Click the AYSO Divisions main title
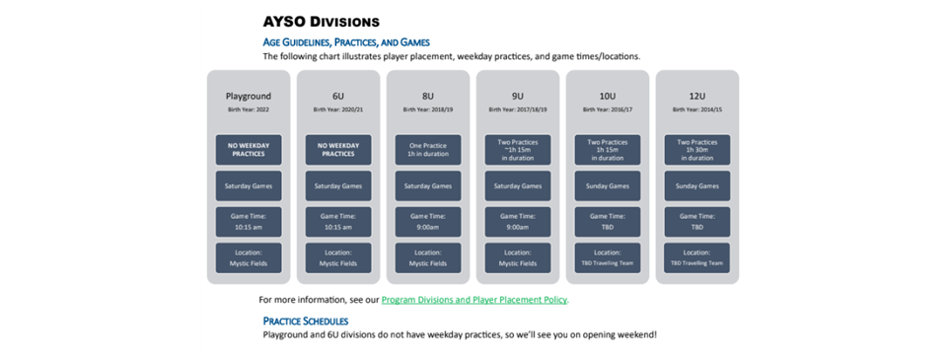[x=321, y=21]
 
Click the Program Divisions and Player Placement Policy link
[x=474, y=299]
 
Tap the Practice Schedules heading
[x=305, y=321]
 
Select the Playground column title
[x=249, y=96]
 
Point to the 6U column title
[x=338, y=96]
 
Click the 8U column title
[x=428, y=96]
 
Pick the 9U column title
[x=517, y=96]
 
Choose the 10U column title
[x=607, y=96]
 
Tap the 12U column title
[x=696, y=96]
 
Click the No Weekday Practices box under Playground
[x=249, y=149]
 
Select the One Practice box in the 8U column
[x=428, y=149]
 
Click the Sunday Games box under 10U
[x=607, y=185]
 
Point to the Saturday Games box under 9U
[x=517, y=185]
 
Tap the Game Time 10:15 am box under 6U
[x=338, y=221]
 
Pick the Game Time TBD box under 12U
[x=696, y=221]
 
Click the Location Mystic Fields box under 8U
[x=428, y=257]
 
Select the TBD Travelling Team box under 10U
[x=607, y=257]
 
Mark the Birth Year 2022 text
[x=249, y=110]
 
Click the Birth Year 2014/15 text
[x=696, y=110]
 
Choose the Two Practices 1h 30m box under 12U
[x=696, y=149]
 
